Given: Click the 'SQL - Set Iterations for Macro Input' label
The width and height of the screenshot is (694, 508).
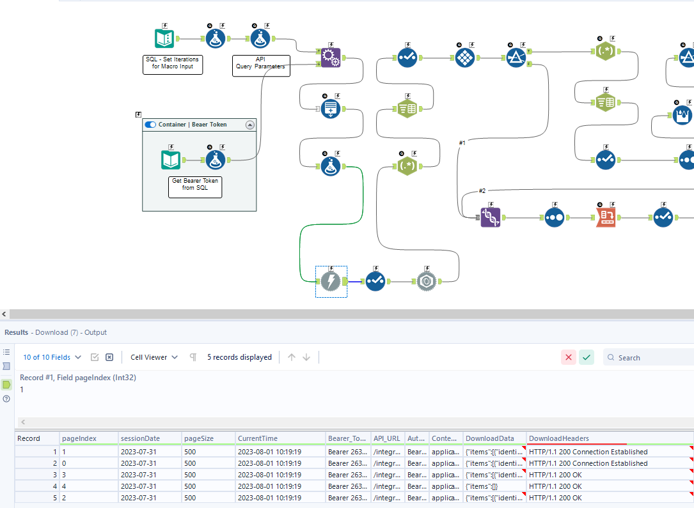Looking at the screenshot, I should [173, 63].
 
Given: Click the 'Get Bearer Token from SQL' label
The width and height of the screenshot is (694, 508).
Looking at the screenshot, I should [195, 185].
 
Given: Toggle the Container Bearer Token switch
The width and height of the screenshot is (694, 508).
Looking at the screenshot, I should [150, 125].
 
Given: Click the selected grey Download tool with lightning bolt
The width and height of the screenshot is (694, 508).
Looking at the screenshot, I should [331, 281].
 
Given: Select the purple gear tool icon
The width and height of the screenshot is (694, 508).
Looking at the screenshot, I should [331, 58].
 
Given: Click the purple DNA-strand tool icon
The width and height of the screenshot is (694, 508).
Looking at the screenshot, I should [491, 217].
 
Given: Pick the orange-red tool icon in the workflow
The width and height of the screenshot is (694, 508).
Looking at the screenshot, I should [606, 217].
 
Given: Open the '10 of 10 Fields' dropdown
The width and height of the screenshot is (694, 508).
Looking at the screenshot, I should [52, 357].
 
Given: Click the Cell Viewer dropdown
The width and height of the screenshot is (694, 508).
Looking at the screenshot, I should [154, 357].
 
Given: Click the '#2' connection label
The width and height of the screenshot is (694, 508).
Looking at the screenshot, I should [483, 190].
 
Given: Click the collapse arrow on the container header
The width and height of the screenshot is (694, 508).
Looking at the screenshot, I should [250, 125].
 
